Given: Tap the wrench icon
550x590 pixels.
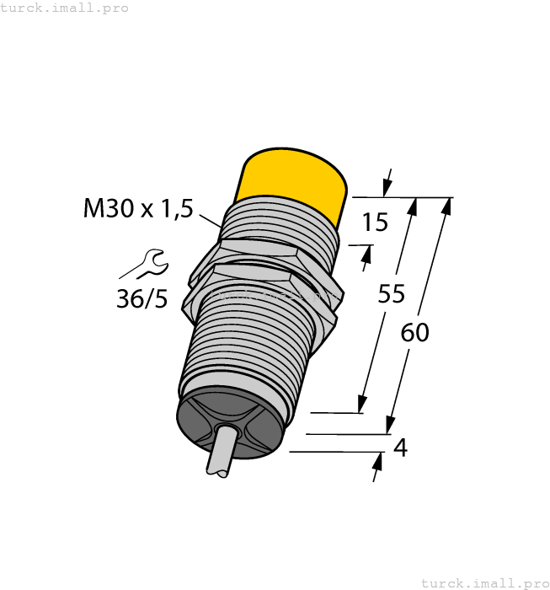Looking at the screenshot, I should [x=147, y=264].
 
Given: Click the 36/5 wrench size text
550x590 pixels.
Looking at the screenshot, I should [x=142, y=298].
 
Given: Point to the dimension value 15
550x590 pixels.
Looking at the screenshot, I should [x=374, y=223].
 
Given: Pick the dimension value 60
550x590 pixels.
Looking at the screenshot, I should [x=414, y=332].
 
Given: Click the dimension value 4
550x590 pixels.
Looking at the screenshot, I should [x=401, y=448].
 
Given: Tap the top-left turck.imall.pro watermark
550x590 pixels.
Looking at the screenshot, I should [x=65, y=8].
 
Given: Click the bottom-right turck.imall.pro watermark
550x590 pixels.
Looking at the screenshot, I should [x=484, y=582].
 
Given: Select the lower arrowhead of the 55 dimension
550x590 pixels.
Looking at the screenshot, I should [x=363, y=405].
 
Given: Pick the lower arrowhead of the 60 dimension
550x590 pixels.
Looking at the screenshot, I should [x=390, y=426].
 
